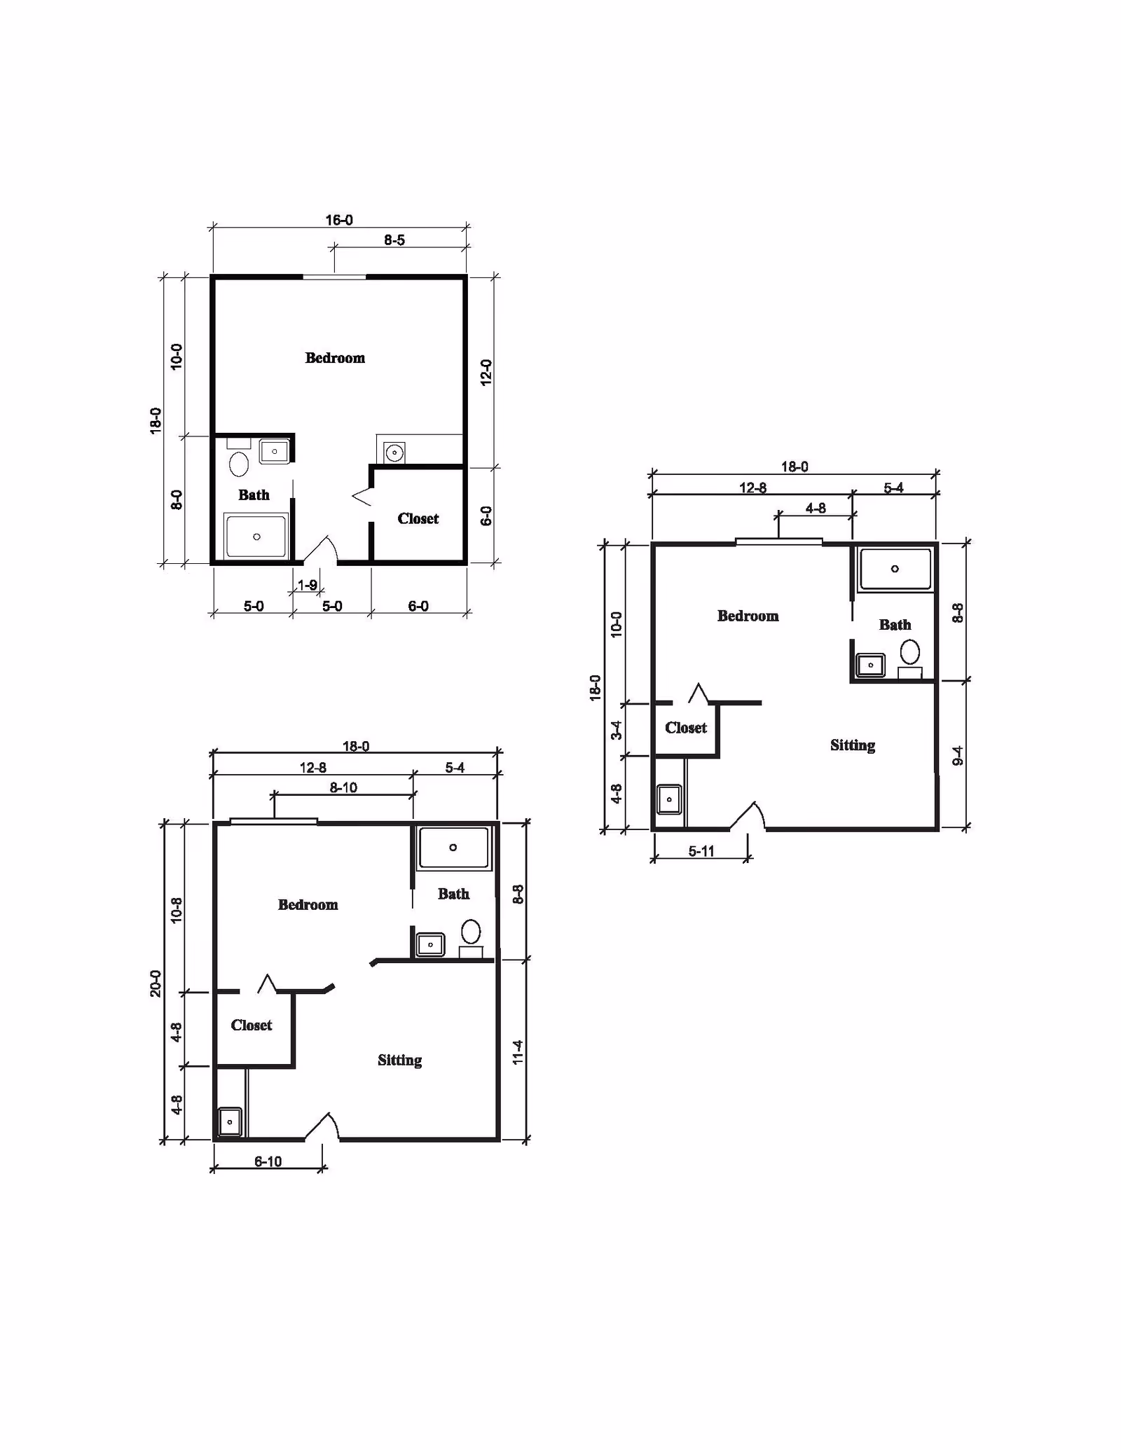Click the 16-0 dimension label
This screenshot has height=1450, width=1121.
[x=339, y=220]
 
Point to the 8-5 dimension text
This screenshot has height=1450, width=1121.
[x=394, y=240]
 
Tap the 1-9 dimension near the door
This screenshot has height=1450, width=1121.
[x=308, y=585]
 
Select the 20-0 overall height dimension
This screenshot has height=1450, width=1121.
[x=156, y=983]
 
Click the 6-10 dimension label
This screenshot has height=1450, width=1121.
[x=268, y=1161]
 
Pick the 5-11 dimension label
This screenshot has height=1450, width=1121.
[x=701, y=851]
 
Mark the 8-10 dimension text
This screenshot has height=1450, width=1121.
[x=343, y=787]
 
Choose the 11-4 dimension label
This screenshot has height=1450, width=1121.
[x=518, y=1052]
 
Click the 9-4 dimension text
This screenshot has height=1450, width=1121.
[x=958, y=756]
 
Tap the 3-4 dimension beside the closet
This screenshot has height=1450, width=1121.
[x=617, y=730]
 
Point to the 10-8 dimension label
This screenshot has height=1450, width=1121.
[x=177, y=909]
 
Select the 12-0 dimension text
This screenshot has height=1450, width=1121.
[x=486, y=373]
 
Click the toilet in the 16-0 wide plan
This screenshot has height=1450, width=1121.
[x=239, y=463]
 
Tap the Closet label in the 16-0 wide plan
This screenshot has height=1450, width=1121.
[x=418, y=518]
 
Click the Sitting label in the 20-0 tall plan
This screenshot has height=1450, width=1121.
[x=400, y=1061]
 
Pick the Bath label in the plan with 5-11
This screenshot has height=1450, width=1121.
[x=895, y=624]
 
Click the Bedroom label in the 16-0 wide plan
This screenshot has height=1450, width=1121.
[x=335, y=358]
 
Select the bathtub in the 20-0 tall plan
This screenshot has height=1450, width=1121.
[x=453, y=848]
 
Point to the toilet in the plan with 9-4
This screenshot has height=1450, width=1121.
[x=910, y=651]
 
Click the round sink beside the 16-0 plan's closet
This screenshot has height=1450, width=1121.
[x=394, y=453]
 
